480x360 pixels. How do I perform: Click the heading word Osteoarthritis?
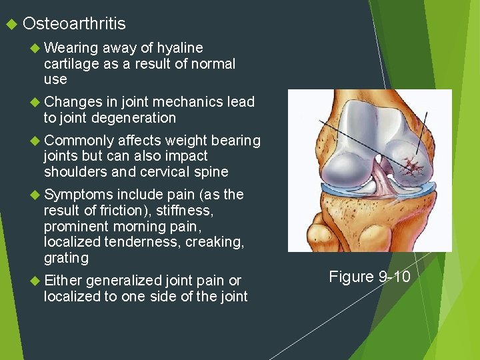pyautogui.click(x=74, y=24)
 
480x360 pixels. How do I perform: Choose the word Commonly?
pyautogui.click(x=79, y=141)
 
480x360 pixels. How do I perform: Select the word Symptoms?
pyautogui.click(x=79, y=195)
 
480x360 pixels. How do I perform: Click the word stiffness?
pyautogui.click(x=185, y=210)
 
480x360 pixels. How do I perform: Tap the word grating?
pyautogui.click(x=65, y=257)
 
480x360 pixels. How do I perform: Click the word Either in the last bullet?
pyautogui.click(x=63, y=280)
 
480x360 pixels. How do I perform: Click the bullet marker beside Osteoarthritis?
pyautogui.click(x=10, y=25)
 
